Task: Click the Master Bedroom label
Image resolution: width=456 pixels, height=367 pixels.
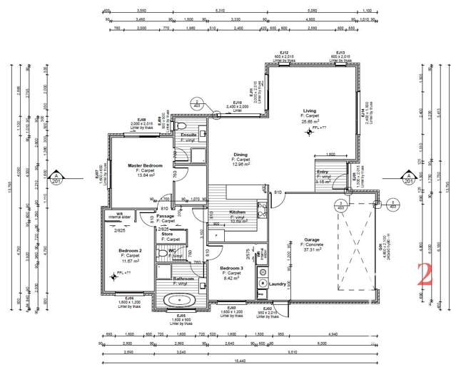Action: (145, 165)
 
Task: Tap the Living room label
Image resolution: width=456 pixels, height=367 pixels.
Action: (309, 111)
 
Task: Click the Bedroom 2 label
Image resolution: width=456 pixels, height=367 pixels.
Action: (131, 250)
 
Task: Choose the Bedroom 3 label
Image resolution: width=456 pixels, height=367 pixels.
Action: (233, 269)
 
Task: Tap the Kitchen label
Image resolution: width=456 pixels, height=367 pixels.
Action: (238, 213)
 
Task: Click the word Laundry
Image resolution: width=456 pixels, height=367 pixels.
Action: (278, 283)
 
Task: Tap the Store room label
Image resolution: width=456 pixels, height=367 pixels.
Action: (167, 234)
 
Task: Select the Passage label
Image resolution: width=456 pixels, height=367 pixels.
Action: (166, 216)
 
